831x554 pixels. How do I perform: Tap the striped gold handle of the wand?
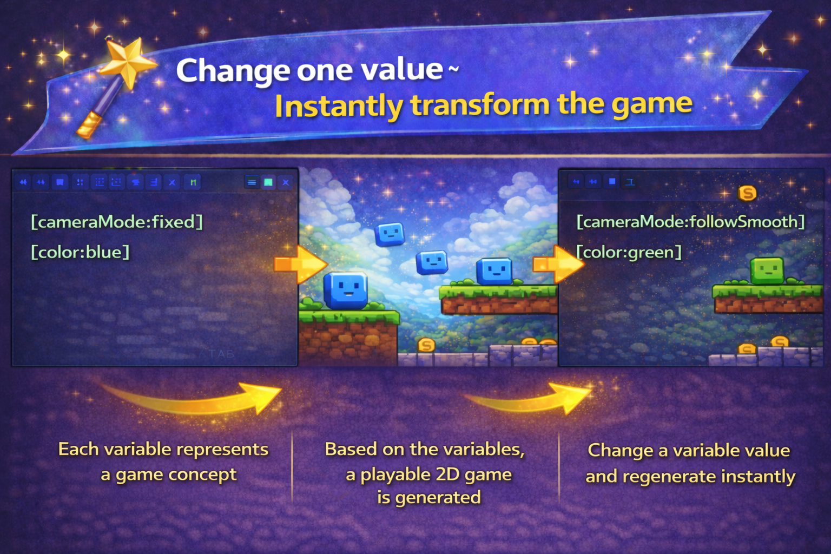click(89, 126)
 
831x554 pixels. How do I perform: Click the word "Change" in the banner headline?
click(233, 71)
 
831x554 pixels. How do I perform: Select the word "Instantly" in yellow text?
click(339, 107)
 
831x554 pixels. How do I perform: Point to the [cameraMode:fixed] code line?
click(117, 222)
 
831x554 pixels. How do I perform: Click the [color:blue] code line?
click(80, 252)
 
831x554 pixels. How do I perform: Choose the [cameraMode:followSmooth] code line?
click(691, 222)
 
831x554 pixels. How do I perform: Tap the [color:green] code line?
click(629, 252)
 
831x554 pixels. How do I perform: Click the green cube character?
click(767, 271)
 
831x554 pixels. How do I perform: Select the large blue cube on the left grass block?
click(346, 291)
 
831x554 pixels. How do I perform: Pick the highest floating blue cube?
click(390, 234)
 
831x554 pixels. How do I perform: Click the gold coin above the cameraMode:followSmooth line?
click(747, 193)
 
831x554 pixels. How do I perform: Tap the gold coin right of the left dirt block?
click(426, 345)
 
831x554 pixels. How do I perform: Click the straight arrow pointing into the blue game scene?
click(301, 265)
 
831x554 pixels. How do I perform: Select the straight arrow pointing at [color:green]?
click(559, 265)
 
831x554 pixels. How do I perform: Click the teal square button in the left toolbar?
click(268, 182)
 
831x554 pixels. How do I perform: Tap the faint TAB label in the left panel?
click(221, 354)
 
